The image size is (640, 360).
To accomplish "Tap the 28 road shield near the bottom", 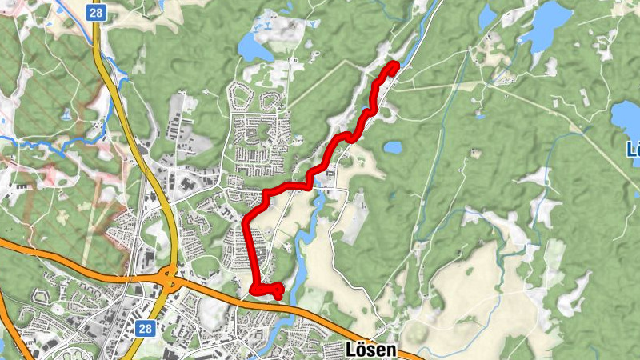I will click(x=145, y=328).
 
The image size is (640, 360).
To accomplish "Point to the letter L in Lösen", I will click(x=351, y=350).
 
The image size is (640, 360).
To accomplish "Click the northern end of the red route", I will click(x=394, y=65).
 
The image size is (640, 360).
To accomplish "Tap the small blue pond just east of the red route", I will click(x=392, y=147).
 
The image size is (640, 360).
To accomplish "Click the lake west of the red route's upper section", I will click(x=254, y=50).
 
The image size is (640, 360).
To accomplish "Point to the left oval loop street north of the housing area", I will click(x=241, y=96).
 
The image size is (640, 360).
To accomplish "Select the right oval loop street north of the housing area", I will click(x=272, y=100).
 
